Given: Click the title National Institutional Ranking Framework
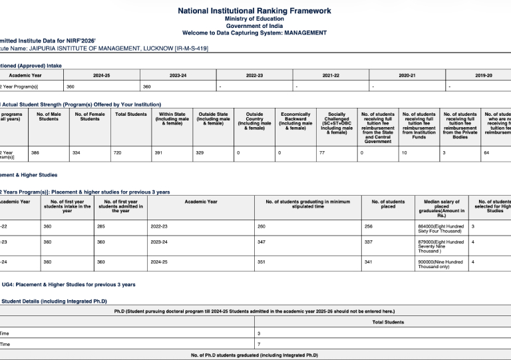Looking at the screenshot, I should coord(255,11).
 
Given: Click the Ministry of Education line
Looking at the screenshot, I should coord(255,19).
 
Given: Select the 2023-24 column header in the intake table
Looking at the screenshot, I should coord(178,75).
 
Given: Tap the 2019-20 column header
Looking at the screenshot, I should coord(484,75).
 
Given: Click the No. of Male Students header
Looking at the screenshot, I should coord(48,116).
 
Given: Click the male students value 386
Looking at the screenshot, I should coord(35,153).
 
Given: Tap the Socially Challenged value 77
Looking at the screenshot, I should coord(322,153).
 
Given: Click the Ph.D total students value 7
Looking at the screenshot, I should coord(259,344).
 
